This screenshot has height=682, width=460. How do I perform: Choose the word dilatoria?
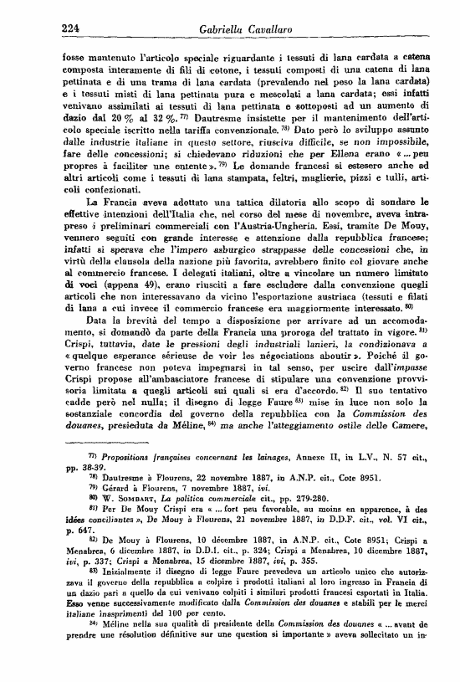tap(227, 223)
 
